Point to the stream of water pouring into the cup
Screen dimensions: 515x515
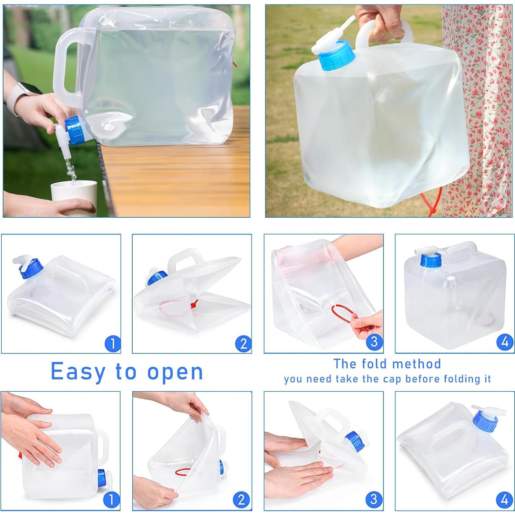[x=71, y=169]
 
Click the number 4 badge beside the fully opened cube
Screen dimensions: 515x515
[x=505, y=342]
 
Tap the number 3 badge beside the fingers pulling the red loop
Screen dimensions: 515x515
[x=374, y=342]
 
